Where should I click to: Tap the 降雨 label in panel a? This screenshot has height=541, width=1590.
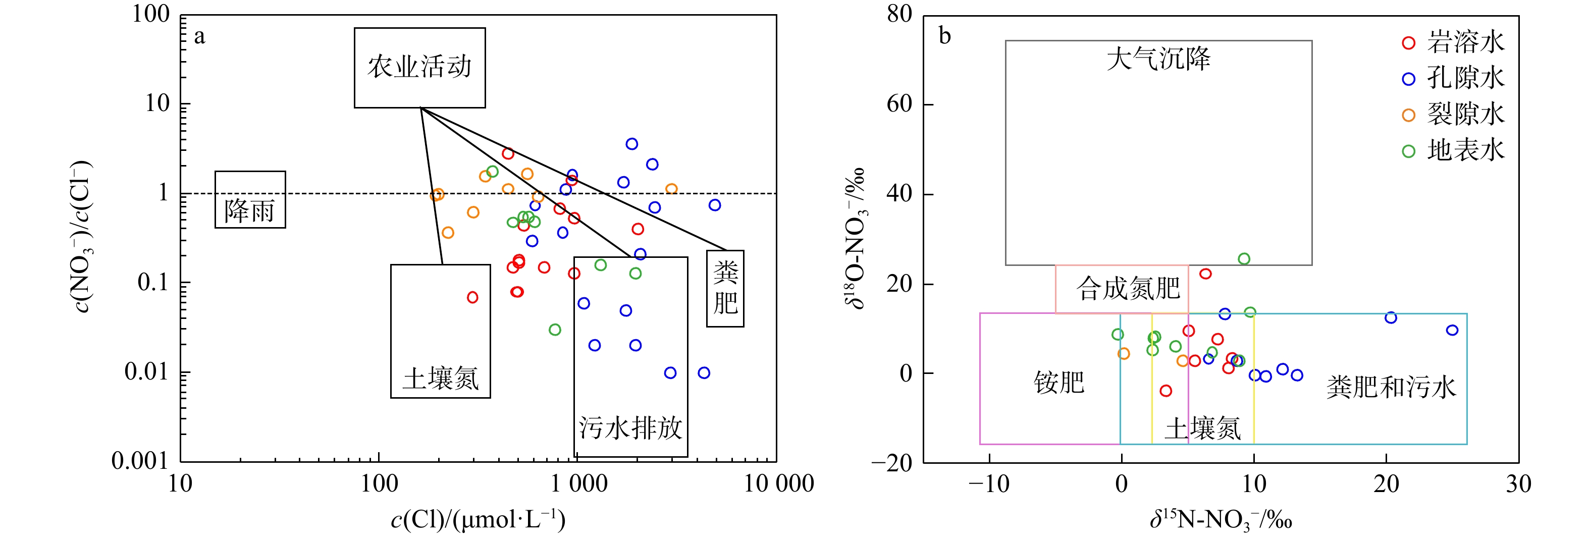pos(249,211)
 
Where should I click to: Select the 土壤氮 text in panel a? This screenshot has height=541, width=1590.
pos(440,378)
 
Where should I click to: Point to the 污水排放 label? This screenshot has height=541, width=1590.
pos(630,427)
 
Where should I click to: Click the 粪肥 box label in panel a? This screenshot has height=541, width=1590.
pos(725,288)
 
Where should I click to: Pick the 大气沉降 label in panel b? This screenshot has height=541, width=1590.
pos(1158,59)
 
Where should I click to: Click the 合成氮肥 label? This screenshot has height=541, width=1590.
pos(1128,288)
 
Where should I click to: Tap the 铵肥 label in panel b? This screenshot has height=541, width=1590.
pos(1058,383)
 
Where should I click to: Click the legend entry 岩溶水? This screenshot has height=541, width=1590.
pos(1465,42)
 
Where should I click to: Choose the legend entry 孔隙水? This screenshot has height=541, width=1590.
pos(1465,78)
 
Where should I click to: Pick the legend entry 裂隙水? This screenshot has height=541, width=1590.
pos(1465,115)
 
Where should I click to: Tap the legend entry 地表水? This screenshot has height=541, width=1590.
pos(1465,150)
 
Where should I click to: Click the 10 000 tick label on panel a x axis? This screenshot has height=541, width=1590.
pos(778,483)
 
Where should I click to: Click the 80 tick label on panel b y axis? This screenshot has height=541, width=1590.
pos(899,14)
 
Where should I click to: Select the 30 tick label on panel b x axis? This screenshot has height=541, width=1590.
pos(1518,483)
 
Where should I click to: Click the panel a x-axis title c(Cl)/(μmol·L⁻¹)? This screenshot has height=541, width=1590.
pos(479,520)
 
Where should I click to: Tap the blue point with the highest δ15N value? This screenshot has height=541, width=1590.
pos(1452,331)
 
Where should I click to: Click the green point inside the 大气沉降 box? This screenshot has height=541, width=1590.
pos(1244,259)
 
